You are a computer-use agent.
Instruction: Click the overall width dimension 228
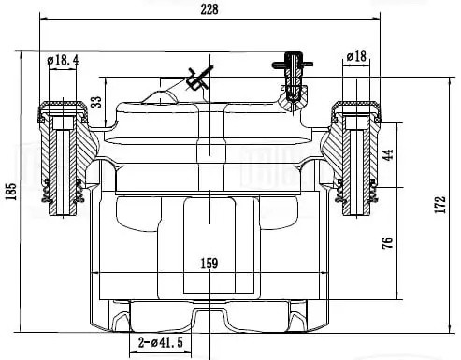(209, 9)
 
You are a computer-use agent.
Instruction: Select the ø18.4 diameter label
(63, 60)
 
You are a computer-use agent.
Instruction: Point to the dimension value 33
(96, 101)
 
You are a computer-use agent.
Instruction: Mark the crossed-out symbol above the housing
(197, 79)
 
